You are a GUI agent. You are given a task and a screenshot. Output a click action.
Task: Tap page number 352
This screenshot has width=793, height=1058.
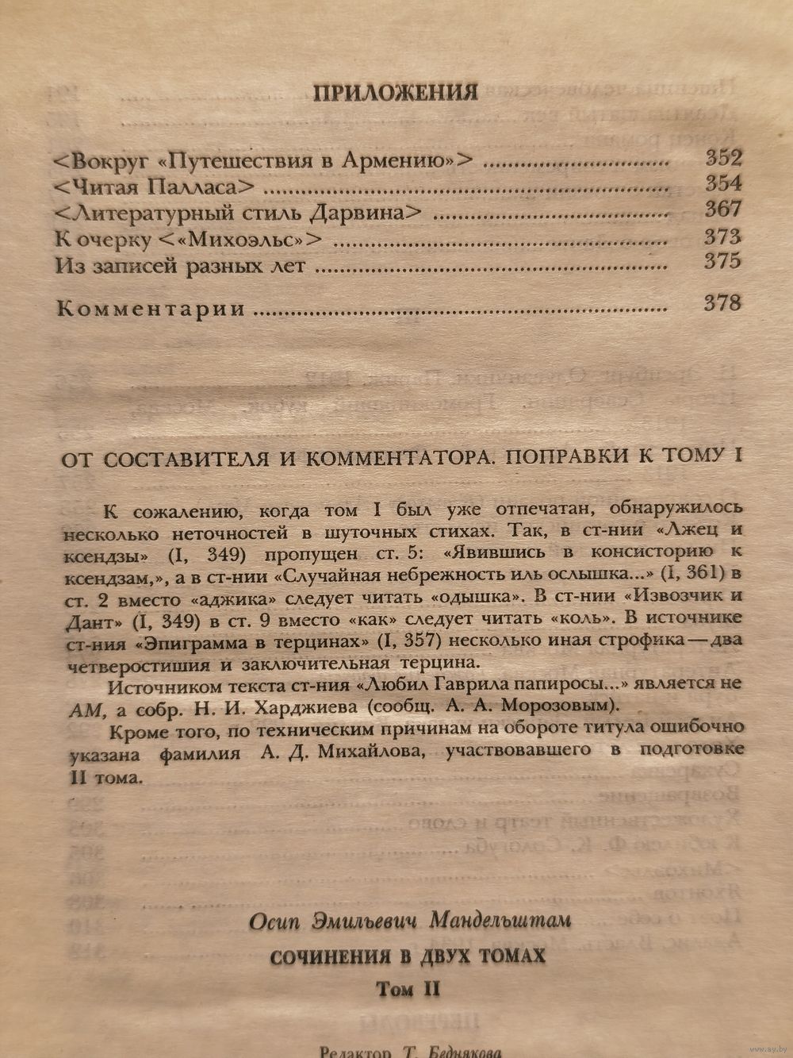click(x=723, y=158)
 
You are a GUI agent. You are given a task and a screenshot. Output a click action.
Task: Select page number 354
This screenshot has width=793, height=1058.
click(x=723, y=184)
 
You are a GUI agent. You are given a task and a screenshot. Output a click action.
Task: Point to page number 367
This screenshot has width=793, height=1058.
click(x=723, y=210)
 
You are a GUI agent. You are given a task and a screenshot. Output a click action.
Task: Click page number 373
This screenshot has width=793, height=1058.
click(x=723, y=237)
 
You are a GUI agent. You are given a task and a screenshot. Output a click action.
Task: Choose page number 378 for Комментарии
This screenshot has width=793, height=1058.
click(x=722, y=302)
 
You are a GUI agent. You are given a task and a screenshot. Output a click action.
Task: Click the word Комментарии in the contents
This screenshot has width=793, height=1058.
click(x=151, y=309)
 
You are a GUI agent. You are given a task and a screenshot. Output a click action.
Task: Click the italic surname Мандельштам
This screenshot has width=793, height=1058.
click(x=500, y=921)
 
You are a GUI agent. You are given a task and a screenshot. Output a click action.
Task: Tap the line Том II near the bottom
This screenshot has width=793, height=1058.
click(x=408, y=989)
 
